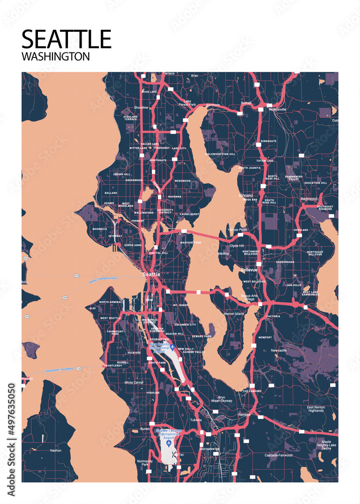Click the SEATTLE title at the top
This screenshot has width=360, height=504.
66,39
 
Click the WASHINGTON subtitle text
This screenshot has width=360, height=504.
55,56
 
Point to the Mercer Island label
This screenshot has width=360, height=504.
233,314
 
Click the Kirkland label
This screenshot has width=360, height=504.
246,195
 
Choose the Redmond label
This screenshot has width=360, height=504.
309,199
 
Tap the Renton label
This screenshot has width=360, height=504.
244,415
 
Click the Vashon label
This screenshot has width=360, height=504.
55,450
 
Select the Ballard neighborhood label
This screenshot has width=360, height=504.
110,193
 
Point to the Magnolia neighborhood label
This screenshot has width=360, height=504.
100,229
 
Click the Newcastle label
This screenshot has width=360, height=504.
279,350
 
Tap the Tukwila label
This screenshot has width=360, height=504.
196,419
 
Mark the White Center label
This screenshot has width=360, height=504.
135,383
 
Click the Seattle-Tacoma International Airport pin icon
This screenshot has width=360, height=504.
168,443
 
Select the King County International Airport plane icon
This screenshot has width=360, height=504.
172,347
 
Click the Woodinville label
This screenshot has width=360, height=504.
277,109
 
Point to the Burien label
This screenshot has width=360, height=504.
145,429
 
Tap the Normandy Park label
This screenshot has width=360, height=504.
144,463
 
